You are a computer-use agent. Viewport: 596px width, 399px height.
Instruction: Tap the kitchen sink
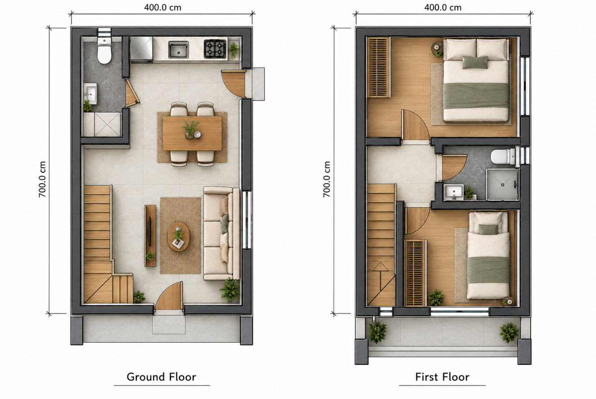(x=179, y=49)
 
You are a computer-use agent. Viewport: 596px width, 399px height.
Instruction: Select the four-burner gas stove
(x=215, y=49)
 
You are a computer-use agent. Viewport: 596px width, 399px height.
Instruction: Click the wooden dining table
(x=192, y=133)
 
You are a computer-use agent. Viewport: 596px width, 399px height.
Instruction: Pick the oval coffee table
(x=179, y=236)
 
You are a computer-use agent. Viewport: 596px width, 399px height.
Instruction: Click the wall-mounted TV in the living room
(x=149, y=231)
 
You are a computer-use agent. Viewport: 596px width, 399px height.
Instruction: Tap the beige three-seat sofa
(x=221, y=233)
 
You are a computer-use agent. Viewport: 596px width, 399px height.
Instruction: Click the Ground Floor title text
(x=161, y=377)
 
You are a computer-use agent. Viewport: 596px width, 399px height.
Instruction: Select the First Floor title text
(x=442, y=377)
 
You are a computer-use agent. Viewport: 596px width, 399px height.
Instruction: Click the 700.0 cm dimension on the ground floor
(x=42, y=179)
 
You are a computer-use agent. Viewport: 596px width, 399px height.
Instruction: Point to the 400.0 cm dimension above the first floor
(x=443, y=8)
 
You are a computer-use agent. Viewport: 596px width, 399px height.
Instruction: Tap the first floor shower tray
(x=502, y=184)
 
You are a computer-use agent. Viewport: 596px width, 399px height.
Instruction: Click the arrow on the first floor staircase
(x=380, y=277)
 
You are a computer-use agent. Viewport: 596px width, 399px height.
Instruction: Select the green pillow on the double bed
(x=475, y=63)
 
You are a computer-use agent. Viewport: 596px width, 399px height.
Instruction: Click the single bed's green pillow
(x=488, y=229)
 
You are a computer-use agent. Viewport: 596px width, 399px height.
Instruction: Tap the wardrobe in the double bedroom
(x=379, y=67)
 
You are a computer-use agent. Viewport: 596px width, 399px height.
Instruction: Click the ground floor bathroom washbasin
(x=90, y=94)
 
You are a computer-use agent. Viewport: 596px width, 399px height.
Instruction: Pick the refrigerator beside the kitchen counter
(x=141, y=50)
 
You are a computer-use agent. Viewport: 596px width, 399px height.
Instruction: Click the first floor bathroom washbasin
(x=455, y=192)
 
